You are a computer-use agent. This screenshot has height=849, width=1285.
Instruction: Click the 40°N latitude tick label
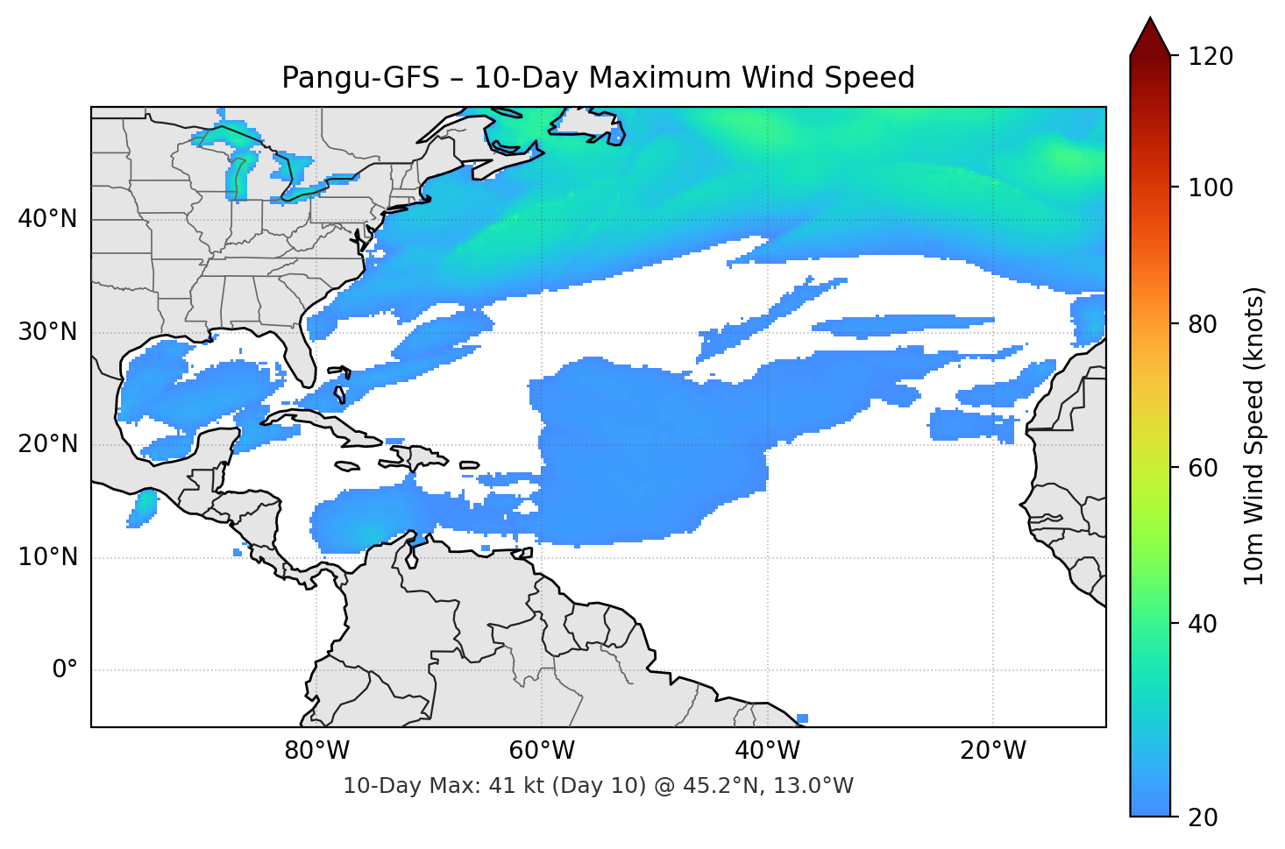tap(47, 219)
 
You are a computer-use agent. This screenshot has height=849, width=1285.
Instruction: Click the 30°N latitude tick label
tap(47, 332)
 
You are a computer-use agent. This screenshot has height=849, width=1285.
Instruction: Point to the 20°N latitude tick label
tap(47, 444)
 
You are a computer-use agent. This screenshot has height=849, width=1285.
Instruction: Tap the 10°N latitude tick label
tap(47, 557)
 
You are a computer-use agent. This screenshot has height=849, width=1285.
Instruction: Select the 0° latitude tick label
tap(65, 670)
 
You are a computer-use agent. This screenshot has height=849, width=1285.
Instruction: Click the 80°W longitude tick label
tap(316, 751)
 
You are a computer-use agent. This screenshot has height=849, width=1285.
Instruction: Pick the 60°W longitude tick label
tap(542, 751)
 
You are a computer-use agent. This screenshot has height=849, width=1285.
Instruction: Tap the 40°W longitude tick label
tap(768, 751)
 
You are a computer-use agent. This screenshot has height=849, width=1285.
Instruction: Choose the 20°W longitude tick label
tap(993, 751)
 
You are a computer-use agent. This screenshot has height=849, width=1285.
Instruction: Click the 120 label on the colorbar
tap(1210, 57)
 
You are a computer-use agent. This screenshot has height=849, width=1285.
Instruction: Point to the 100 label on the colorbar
tap(1210, 187)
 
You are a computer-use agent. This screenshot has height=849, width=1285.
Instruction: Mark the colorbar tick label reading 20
tap(1203, 817)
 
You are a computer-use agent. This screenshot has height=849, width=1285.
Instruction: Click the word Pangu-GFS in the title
tap(360, 78)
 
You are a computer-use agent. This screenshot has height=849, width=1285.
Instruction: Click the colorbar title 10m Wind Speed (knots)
tap(1254, 435)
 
